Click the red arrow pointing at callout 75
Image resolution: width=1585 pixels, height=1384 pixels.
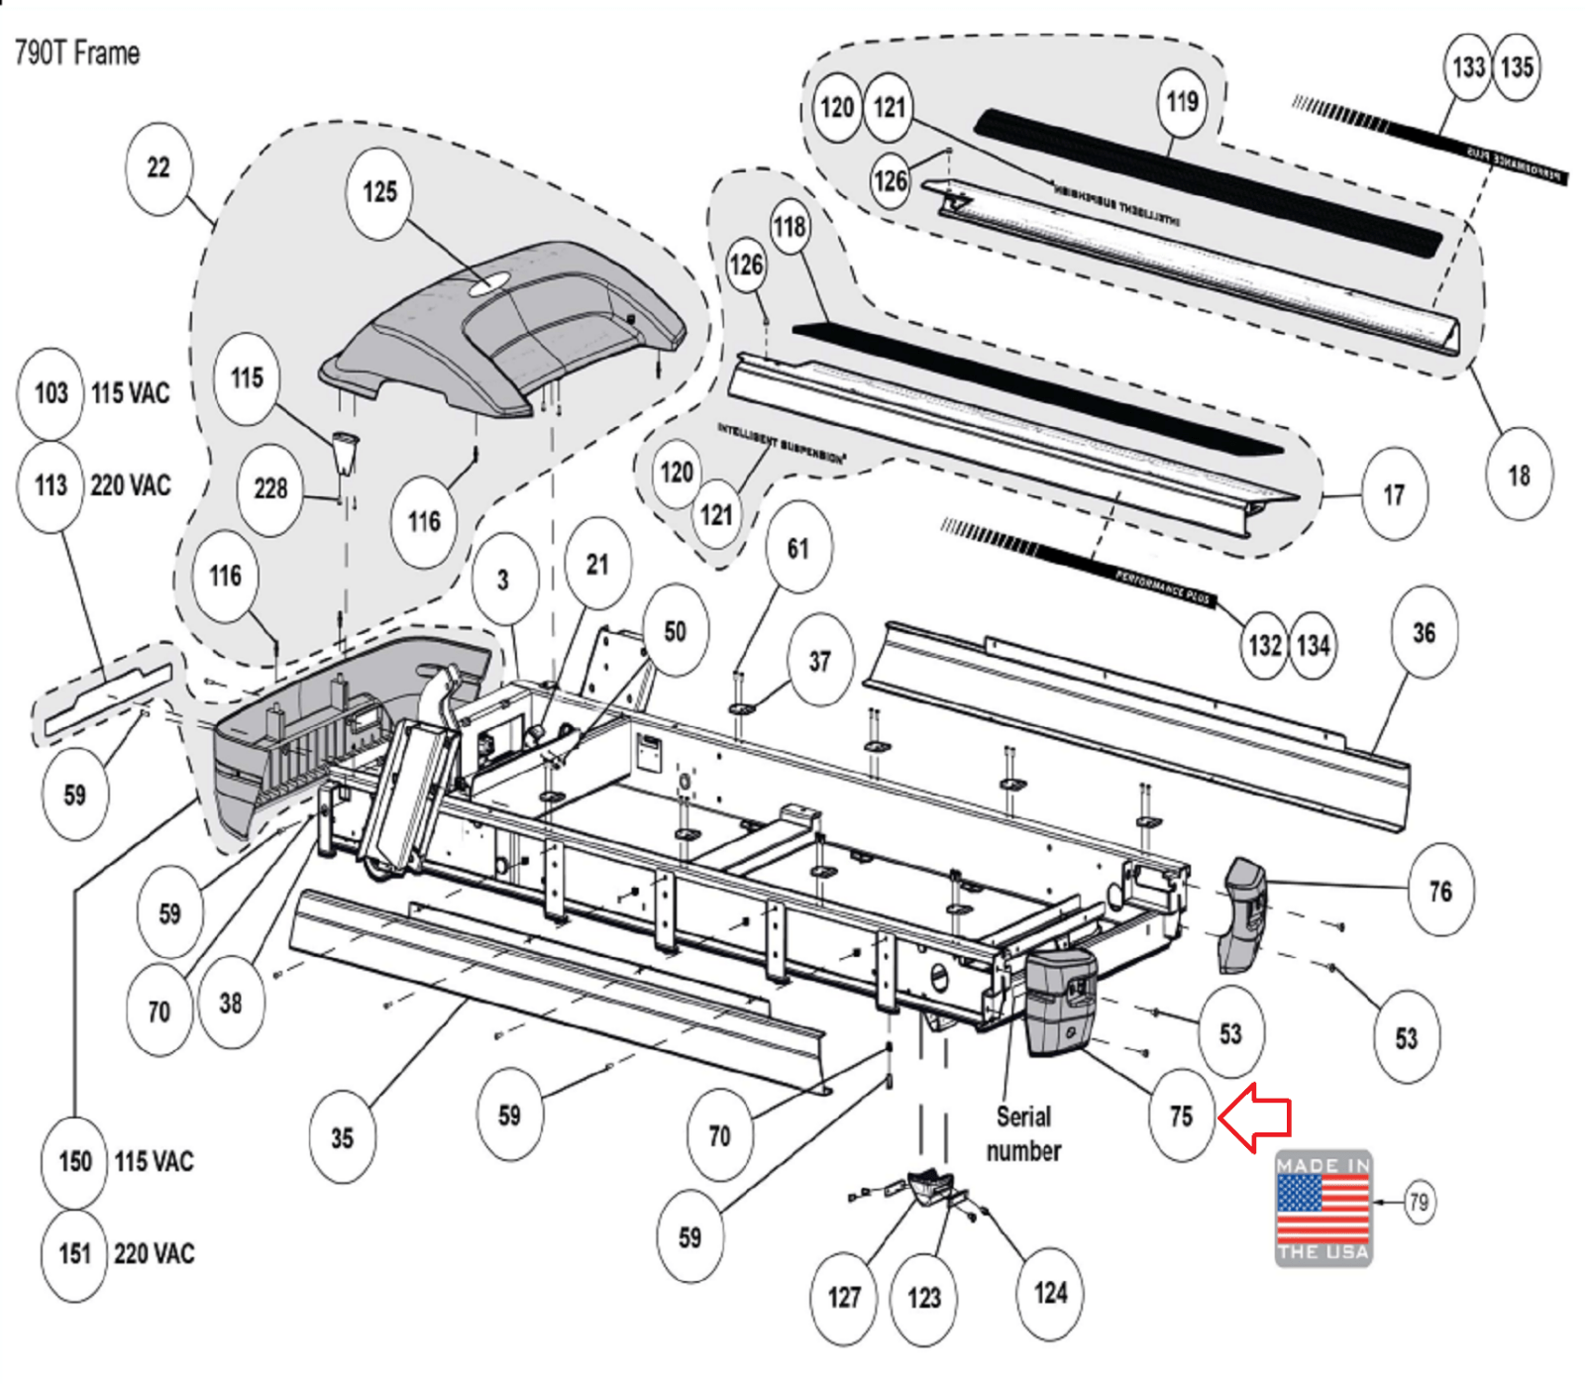[1256, 1117]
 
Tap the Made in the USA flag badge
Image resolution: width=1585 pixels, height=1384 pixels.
[1322, 1208]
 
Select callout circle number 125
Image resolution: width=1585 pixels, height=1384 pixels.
[379, 192]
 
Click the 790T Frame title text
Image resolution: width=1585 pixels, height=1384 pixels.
[77, 53]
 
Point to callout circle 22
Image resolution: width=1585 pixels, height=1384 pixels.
[158, 167]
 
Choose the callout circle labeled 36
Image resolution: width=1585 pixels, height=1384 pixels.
[1424, 632]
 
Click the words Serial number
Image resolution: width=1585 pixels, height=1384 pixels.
[1023, 1133]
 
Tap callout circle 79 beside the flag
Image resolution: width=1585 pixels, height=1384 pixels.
[1419, 1202]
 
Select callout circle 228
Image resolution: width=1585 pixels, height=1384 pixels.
[270, 488]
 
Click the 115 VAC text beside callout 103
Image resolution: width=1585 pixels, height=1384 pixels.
[131, 393]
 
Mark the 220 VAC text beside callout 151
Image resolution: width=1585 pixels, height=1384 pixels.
[154, 1254]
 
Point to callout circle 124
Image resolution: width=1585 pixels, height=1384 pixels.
[1050, 1293]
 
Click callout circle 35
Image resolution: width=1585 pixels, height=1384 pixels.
[342, 1137]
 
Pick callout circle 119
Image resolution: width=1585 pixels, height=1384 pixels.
[1182, 102]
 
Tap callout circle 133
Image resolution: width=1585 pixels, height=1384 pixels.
[1468, 67]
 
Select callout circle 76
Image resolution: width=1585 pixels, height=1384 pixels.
[1440, 892]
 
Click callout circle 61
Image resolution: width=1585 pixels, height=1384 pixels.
[797, 548]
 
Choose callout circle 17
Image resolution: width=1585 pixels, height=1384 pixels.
[1394, 494]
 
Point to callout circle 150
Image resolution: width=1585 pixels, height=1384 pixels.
[75, 1161]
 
